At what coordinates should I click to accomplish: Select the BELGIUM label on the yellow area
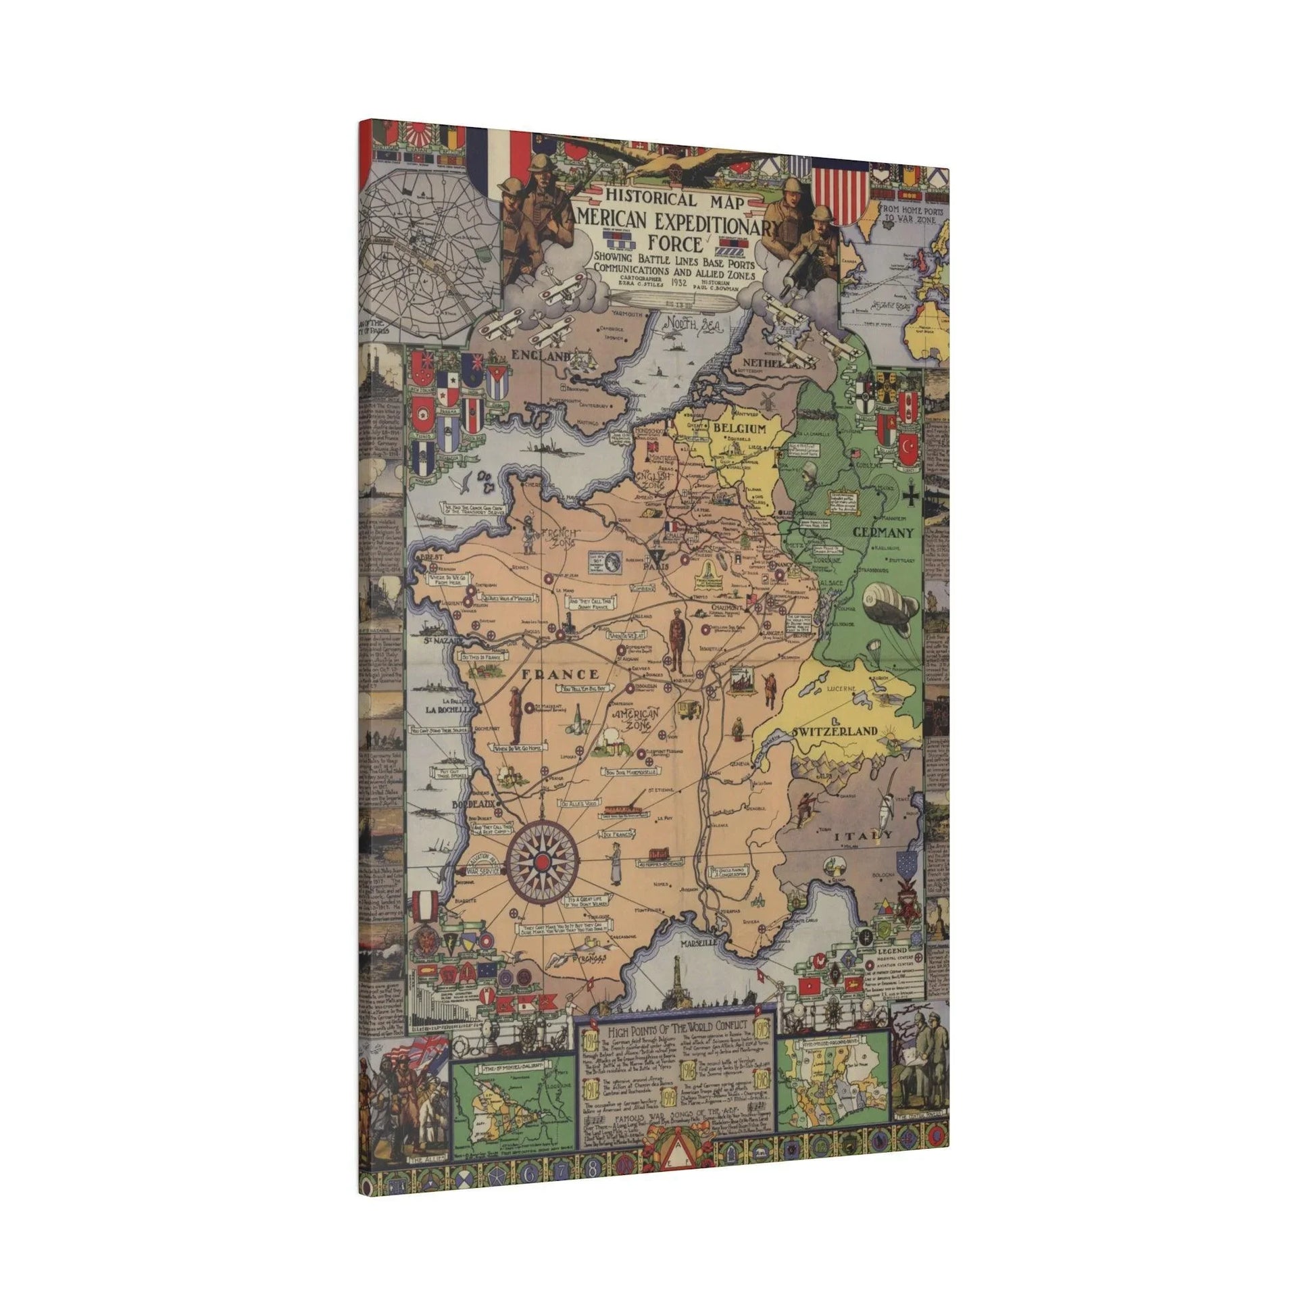739,429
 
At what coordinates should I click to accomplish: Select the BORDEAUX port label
471,805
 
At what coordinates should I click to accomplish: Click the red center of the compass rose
542,862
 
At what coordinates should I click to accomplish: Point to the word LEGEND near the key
892,950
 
